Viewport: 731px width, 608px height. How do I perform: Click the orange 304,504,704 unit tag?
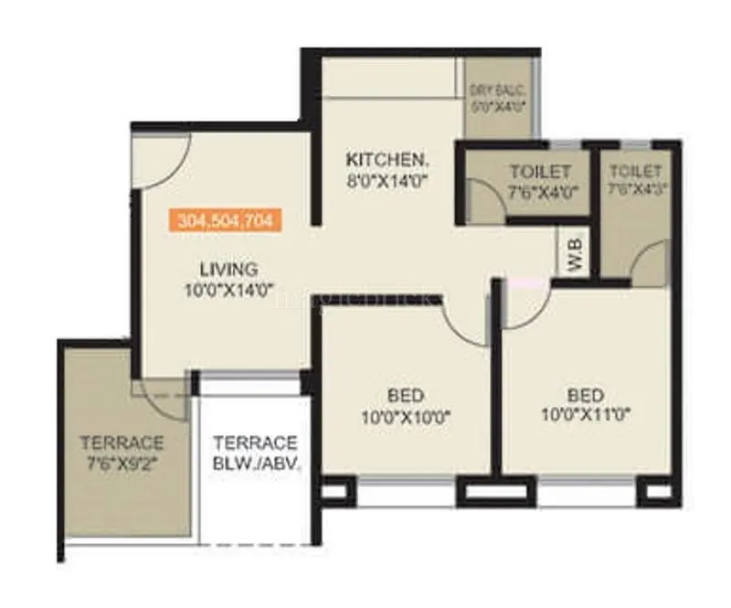tap(225, 219)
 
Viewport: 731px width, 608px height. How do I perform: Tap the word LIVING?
tap(228, 269)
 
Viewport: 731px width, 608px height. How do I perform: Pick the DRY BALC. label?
tap(496, 90)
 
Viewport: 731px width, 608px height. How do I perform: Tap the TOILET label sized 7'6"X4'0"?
tap(540, 171)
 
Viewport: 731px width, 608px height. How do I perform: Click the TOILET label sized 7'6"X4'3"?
tap(635, 170)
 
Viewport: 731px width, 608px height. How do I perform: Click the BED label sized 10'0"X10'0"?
tap(405, 395)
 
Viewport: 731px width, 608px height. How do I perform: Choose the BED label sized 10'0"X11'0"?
tap(586, 395)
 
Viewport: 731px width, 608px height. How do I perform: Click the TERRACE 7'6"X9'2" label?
tap(121, 443)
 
